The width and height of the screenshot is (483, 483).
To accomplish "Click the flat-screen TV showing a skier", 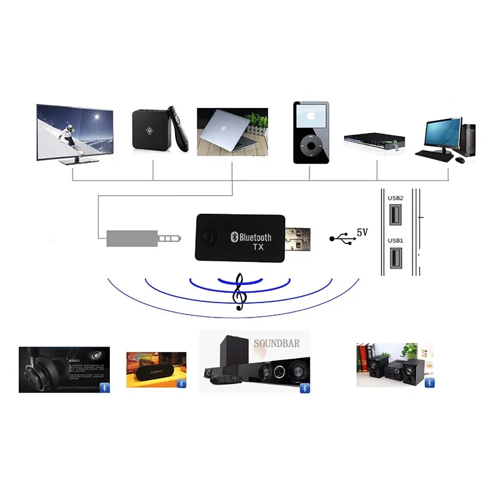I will tap(74, 132).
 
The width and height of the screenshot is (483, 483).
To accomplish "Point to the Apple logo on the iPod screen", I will tap(312, 115).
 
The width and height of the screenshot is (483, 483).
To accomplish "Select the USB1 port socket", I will tap(395, 257).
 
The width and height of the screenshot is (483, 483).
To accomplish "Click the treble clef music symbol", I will tap(240, 292).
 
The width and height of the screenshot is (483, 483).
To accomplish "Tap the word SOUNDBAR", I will tap(277, 344).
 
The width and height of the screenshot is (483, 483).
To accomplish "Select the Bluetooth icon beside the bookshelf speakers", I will tap(429, 383).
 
